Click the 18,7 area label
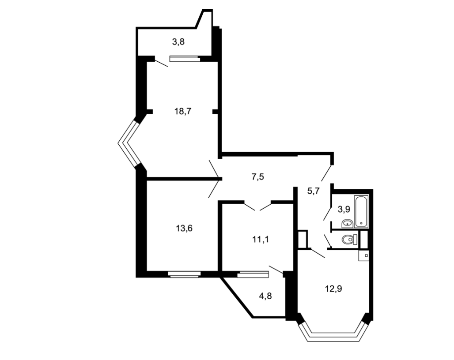click(183, 111)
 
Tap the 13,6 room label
click(184, 229)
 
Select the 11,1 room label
click(261, 240)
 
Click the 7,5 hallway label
click(257, 176)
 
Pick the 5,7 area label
click(313, 191)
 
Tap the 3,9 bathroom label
click(344, 210)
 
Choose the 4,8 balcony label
click(265, 296)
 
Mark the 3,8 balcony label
click(178, 42)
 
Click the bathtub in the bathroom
click(361, 211)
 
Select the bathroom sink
click(347, 224)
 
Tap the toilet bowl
click(349, 240)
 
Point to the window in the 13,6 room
click(185, 274)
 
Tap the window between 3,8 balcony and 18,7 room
click(185, 59)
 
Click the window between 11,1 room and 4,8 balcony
click(253, 274)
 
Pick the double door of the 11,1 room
click(257, 206)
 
